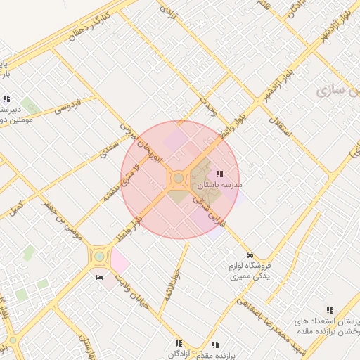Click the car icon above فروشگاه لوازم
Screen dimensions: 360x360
click(x=249, y=255)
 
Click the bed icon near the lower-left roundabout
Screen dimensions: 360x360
click(x=99, y=278)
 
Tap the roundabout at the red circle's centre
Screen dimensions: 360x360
click(x=179, y=179)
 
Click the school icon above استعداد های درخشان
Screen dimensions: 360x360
click(x=329, y=310)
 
